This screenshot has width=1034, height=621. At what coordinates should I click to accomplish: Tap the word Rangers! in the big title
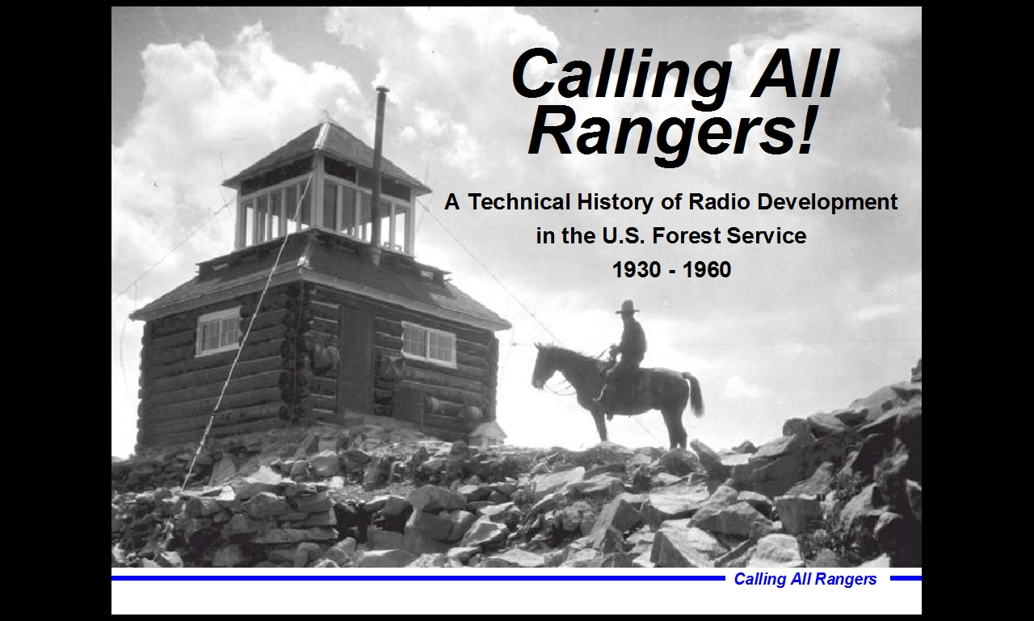point(670,132)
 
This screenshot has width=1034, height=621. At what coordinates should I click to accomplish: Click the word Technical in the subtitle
point(519,202)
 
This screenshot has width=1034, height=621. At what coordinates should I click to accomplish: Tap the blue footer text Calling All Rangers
point(805,579)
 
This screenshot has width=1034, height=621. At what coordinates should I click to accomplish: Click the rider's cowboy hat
point(628,306)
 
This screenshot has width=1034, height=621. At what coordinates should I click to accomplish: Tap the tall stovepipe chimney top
point(382,89)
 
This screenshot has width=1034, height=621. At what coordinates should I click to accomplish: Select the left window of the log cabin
point(218,332)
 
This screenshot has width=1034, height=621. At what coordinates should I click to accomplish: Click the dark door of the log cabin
point(356,358)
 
